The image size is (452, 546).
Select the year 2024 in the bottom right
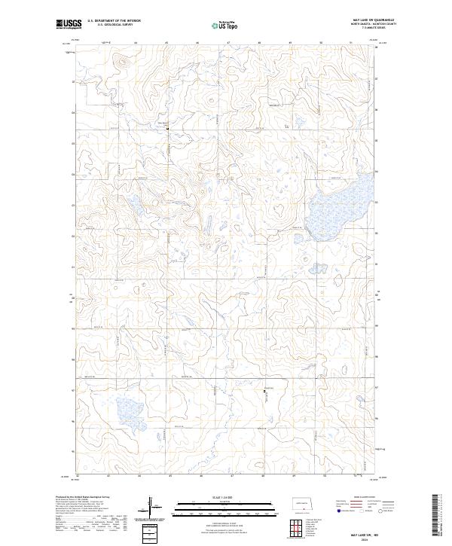364,540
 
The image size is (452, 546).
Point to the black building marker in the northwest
167,129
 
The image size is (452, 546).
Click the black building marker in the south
264,391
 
